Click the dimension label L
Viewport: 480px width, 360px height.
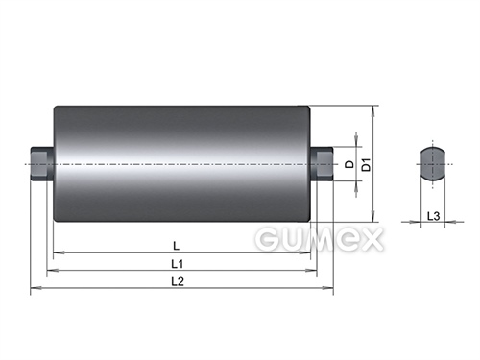pos(176,246)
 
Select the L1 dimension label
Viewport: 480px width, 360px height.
pos(178,264)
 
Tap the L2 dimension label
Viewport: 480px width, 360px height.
pos(178,281)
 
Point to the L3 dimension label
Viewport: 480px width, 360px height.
pos(433,216)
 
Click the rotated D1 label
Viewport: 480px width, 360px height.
pos(366,164)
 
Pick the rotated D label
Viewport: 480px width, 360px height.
pos(350,164)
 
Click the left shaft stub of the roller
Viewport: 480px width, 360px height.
pos(42,163)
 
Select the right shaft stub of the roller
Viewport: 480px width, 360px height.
pos(322,163)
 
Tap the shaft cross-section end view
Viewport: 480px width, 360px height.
pos(433,164)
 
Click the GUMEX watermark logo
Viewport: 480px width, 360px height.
pos(319,239)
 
